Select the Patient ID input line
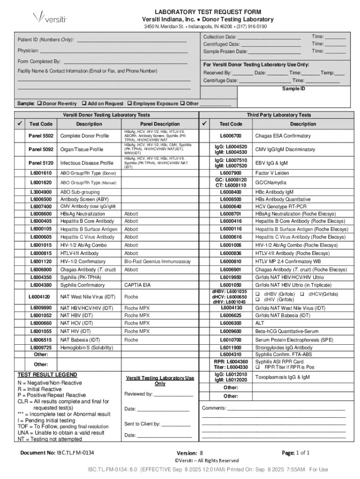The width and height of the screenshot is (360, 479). coord(131,41)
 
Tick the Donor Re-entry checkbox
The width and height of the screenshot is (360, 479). coord(39,103)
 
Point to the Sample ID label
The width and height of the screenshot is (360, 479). coord(293,88)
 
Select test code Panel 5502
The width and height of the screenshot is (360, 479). coord(41,136)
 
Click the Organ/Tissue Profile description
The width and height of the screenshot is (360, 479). coord(82,150)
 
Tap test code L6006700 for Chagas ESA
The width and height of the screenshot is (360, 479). coord(231,136)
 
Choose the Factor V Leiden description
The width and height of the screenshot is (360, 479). coord(272,173)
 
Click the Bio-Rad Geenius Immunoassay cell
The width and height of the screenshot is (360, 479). coord(157,262)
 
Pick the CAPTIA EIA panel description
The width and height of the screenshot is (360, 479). coord(137,285)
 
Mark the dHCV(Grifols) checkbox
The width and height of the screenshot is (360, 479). coord(302,294)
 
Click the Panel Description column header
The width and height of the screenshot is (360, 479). coord(160,124)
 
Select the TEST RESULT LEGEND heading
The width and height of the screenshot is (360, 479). coord(47,375)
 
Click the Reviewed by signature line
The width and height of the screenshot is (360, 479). coord(173,394)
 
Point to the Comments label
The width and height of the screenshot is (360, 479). coord(213,408)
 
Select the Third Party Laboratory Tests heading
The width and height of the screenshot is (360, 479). coord(279,115)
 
